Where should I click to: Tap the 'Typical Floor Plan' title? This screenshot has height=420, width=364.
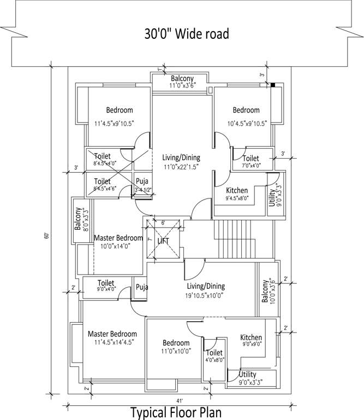click(x=182, y=411)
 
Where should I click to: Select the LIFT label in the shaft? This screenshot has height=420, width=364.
click(x=164, y=241)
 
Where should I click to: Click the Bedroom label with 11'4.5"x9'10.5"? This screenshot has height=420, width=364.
click(x=119, y=110)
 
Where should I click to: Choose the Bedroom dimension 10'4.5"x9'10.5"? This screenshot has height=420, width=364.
click(x=247, y=123)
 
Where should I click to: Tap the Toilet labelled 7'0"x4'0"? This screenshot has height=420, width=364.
click(x=251, y=159)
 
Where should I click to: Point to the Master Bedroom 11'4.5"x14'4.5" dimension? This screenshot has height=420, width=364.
click(x=114, y=342)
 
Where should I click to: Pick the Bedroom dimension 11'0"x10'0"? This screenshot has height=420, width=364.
click(x=176, y=352)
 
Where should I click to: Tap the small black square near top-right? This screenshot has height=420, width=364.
click(x=273, y=85)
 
